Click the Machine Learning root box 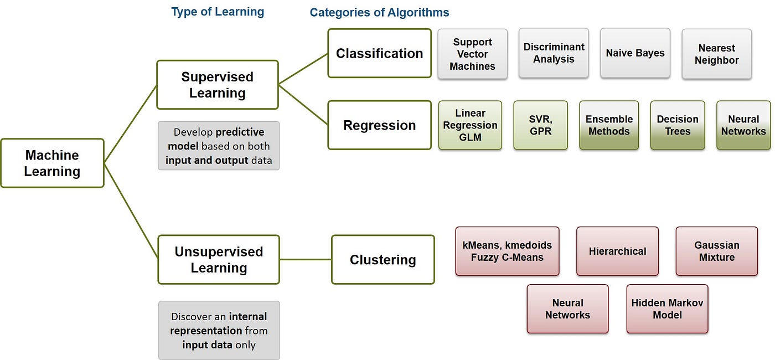coord(52,163)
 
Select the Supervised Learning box coord(217,85)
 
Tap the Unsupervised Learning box coord(218,259)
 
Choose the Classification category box coord(379,53)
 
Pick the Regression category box coord(379,125)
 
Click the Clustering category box coord(383,259)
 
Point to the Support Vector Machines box coord(472,54)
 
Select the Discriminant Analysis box coord(554,53)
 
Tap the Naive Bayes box coord(635,53)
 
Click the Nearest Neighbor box coord(716,54)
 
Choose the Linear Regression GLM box coord(470,125)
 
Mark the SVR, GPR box coord(540,125)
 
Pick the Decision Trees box coord(678,125)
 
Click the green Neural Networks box coord(743,125)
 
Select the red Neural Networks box coord(567,309)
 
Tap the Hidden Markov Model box coord(667,309)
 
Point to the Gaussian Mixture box coord(716,251)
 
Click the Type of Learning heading coord(218,12)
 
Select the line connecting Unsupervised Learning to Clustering coord(306,259)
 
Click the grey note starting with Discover coord(219,331)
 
